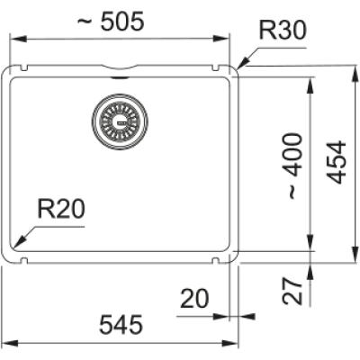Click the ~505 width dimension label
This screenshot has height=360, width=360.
click(x=111, y=22)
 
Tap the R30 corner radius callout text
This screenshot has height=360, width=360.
click(x=283, y=30)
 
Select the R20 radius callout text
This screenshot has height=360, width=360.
click(x=61, y=209)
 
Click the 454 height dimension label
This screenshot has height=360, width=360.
click(x=337, y=162)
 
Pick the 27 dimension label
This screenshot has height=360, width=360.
click(x=292, y=291)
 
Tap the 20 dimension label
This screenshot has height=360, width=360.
click(x=194, y=299)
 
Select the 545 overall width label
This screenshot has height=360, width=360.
click(x=121, y=325)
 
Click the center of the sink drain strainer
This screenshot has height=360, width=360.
click(x=120, y=121)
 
